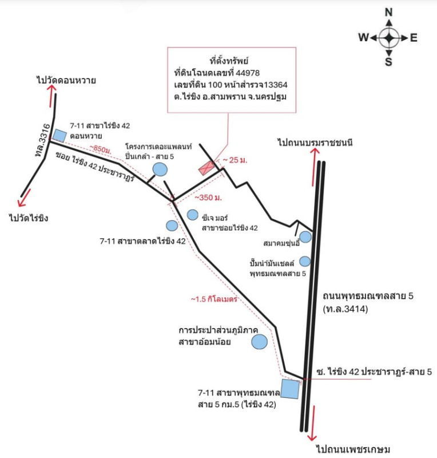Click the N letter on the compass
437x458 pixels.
[x=389, y=12]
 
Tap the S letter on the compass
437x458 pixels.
[x=388, y=62]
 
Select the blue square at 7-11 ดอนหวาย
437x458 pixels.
[x=59, y=135]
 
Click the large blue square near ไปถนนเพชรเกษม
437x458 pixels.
[x=291, y=389]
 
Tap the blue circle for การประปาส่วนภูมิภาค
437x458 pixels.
[x=260, y=341]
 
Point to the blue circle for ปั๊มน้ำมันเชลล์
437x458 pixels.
[x=305, y=261]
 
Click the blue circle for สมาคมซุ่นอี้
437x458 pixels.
[x=306, y=236]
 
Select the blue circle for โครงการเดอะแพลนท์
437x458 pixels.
[x=160, y=169]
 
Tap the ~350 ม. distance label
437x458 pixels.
[x=208, y=198]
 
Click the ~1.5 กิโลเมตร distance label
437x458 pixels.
[x=214, y=299]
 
